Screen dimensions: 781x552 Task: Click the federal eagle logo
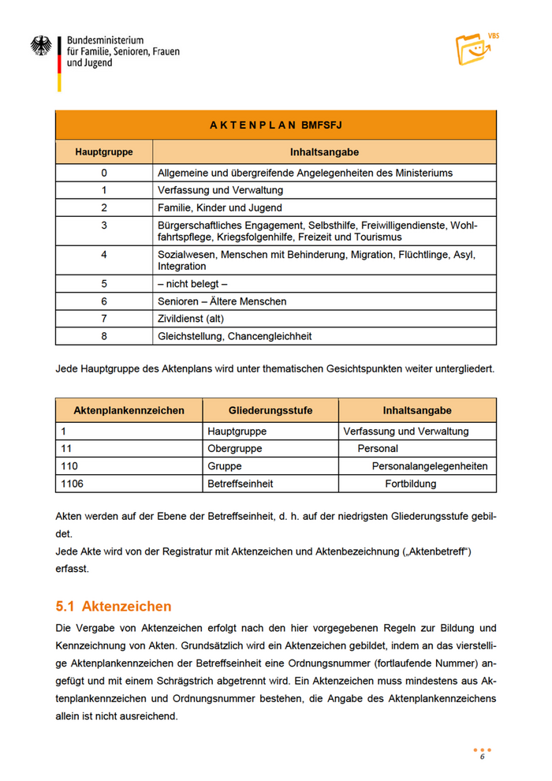coord(41,46)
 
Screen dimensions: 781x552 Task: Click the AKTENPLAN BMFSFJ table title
coord(275,125)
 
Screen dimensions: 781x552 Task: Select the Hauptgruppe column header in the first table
coord(103,151)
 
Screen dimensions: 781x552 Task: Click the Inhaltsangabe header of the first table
coord(324,151)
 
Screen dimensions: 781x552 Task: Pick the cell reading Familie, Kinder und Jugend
coord(219,207)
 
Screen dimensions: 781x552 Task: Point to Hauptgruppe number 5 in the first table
coord(103,283)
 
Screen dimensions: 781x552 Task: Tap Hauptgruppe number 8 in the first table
coord(103,336)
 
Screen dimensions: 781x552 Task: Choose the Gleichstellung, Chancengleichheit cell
coord(234,336)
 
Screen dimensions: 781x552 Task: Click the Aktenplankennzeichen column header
coord(129,410)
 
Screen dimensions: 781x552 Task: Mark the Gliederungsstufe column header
coord(270,410)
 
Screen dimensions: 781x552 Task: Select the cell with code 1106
coord(73,484)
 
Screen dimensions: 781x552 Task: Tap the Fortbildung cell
coord(410,484)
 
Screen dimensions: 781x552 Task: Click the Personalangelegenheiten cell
coord(430,466)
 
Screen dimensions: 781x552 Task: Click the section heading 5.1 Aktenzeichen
coord(114,607)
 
